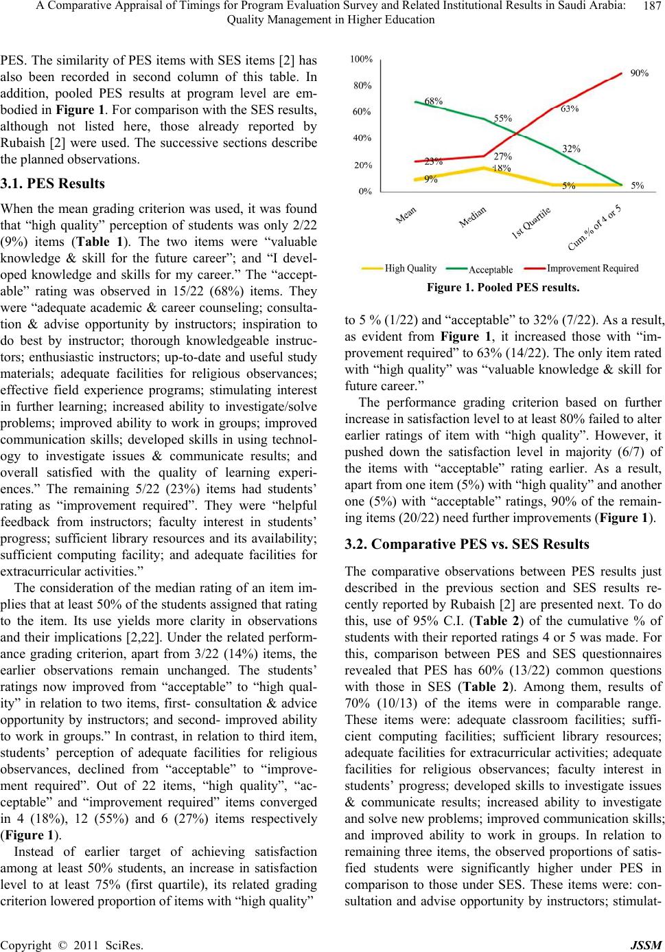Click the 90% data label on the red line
[640, 72]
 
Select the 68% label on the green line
[433, 100]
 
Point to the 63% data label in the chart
[570, 109]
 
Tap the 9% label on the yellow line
[431, 179]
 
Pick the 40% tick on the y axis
[363, 138]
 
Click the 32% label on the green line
[572, 148]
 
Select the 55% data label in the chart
[503, 117]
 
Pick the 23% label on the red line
[433, 162]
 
